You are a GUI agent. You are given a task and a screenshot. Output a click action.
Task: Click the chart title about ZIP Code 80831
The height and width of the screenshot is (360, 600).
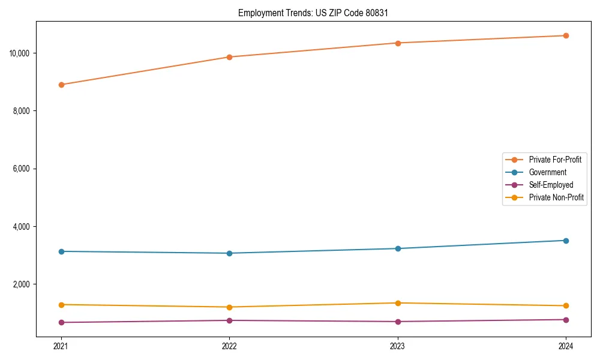(x=313, y=13)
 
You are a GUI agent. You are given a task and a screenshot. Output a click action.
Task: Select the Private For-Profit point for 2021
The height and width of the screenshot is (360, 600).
(x=61, y=85)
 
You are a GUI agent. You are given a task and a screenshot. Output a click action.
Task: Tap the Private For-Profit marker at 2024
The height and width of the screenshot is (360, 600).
(x=566, y=35)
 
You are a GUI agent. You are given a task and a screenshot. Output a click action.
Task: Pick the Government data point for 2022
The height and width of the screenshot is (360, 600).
(x=229, y=253)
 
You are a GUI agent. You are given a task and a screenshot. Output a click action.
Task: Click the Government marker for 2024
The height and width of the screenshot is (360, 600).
(x=566, y=241)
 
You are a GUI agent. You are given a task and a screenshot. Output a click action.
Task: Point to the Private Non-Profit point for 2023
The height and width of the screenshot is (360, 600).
(x=398, y=303)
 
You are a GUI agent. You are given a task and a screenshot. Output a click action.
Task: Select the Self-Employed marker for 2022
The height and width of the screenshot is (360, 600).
(x=229, y=320)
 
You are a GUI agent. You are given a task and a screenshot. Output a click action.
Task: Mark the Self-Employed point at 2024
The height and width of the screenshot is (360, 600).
(x=566, y=320)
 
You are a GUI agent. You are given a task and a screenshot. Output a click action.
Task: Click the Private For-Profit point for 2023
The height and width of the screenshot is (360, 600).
(x=398, y=43)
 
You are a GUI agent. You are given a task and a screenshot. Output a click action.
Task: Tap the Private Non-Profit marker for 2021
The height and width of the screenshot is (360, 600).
(x=61, y=305)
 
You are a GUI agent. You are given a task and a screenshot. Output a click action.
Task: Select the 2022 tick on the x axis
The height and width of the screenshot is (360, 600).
(x=229, y=346)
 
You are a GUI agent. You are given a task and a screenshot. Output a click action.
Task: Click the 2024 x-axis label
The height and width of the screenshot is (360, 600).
(x=566, y=346)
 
